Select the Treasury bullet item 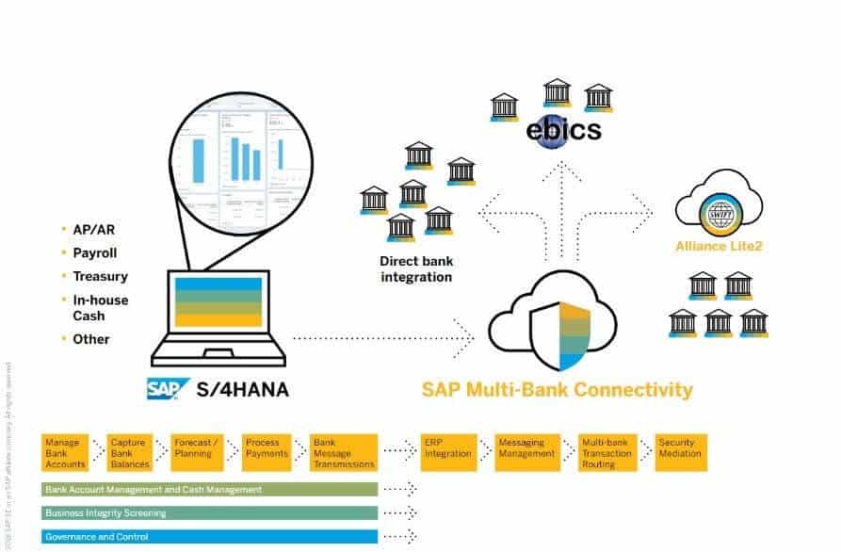pos(100,276)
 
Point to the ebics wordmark pos(563,129)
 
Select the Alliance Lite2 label pos(719,248)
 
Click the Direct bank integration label pos(415,269)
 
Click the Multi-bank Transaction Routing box pos(606,452)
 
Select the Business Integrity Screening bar pos(209,512)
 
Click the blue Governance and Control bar pos(209,536)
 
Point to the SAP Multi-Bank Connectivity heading pos(557,389)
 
